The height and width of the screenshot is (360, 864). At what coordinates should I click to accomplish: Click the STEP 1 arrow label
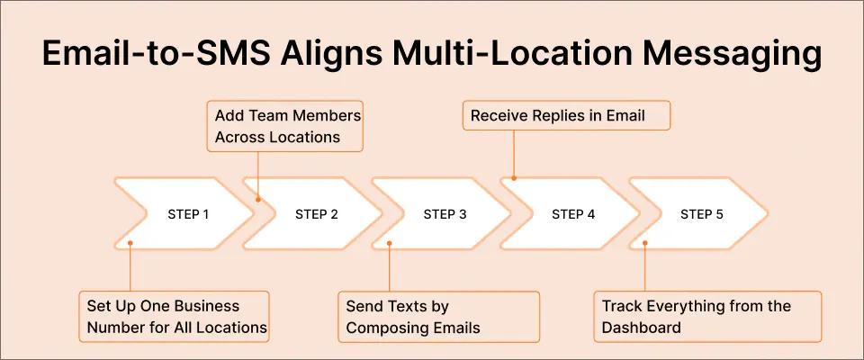tap(188, 214)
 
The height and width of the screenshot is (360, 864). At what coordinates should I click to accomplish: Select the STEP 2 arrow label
tap(317, 214)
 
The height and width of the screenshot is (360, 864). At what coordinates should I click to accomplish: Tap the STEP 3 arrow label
tap(445, 214)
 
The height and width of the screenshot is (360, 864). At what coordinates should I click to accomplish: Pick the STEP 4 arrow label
tap(573, 214)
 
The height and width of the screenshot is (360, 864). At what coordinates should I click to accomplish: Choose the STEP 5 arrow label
tap(701, 214)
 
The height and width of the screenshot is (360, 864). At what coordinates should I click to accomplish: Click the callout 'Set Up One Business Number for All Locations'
tap(175, 316)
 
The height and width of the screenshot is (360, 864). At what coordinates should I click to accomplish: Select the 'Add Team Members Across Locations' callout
tap(288, 126)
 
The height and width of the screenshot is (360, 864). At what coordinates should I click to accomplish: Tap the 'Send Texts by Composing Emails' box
tap(438, 316)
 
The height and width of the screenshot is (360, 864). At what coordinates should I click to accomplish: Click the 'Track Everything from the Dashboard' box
tap(706, 316)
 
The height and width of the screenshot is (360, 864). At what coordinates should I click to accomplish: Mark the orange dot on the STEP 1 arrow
tap(130, 242)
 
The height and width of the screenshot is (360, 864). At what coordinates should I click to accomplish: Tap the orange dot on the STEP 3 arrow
tap(389, 242)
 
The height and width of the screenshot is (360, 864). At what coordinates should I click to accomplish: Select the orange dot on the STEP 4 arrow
tap(514, 178)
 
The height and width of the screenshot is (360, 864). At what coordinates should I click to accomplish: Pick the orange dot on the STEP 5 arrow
tap(643, 242)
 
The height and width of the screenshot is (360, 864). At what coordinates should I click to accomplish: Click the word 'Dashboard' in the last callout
tap(642, 327)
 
